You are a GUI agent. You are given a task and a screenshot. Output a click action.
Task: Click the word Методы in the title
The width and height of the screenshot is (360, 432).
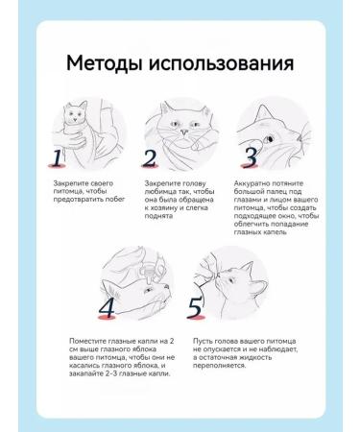point(104,63)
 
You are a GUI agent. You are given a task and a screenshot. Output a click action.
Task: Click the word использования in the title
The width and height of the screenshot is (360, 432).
point(221,63)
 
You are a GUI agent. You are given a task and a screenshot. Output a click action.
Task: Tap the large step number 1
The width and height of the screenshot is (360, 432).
point(58,157)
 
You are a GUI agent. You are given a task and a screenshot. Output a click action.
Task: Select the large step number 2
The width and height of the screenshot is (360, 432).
point(150,157)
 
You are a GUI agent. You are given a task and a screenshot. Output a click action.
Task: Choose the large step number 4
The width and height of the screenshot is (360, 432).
point(107,308)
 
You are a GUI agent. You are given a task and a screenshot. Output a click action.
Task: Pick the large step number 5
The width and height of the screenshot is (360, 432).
point(195,308)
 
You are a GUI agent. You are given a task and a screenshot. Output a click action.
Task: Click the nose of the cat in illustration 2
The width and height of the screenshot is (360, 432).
point(183,132)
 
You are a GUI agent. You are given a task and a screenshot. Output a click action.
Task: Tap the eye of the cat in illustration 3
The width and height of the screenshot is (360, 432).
point(269,139)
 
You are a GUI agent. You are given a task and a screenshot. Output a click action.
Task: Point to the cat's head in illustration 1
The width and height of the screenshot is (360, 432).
point(76,112)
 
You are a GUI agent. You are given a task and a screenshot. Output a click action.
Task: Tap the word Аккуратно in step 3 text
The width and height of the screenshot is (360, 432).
point(252,183)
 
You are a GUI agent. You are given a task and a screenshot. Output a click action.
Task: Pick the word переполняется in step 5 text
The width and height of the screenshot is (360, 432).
point(220,366)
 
